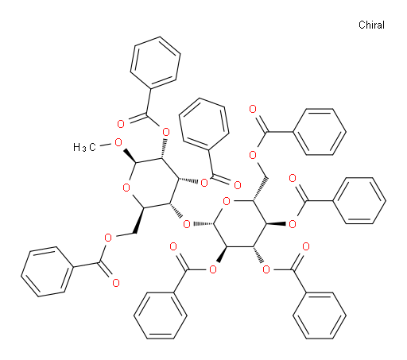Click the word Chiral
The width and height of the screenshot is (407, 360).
click(371, 25)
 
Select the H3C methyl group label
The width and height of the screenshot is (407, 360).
click(84, 147)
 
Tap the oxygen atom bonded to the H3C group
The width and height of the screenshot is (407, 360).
click(118, 143)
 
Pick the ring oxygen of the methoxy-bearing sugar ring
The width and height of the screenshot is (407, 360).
click(126, 188)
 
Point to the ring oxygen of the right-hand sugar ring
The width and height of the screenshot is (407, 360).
click(227, 201)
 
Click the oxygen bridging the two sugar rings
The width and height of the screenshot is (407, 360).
click(187, 224)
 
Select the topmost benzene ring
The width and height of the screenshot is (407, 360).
click(155, 63)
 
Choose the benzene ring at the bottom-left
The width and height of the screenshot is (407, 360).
click(47, 272)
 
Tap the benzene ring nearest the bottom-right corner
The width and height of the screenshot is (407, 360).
click(320, 315)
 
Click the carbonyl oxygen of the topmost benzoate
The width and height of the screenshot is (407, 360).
click(121, 124)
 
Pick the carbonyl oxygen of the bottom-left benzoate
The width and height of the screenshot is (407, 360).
click(116, 283)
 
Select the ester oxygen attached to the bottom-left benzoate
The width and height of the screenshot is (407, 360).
click(108, 238)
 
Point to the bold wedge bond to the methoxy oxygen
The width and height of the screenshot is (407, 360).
click(129, 156)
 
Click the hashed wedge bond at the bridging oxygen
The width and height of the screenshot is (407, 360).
click(203, 224)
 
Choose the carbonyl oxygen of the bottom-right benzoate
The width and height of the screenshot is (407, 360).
click(306, 246)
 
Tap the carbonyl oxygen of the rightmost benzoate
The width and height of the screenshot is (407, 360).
click(293, 178)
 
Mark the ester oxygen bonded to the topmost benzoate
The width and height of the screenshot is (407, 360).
click(166, 132)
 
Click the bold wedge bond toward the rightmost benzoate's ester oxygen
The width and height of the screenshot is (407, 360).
click(276, 224)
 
